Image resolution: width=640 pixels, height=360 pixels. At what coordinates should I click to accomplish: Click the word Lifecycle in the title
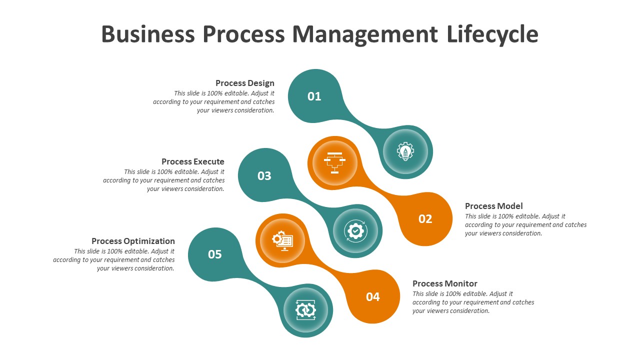[x=492, y=34]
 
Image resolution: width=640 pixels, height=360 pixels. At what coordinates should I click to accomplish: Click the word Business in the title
[x=148, y=34]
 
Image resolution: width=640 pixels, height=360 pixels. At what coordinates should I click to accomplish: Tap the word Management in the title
[x=365, y=35]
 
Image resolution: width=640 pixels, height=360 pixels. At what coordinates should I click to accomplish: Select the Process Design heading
[x=245, y=83]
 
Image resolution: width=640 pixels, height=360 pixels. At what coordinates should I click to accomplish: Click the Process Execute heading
[x=193, y=161]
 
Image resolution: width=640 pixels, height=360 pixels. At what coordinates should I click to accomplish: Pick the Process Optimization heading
[x=133, y=241]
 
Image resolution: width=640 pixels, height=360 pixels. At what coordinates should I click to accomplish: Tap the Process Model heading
[x=493, y=206]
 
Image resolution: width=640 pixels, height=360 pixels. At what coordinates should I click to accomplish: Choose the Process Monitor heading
[x=445, y=283]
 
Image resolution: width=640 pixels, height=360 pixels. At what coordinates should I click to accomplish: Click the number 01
[x=314, y=96]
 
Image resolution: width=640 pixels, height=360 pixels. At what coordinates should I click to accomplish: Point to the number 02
[x=425, y=219]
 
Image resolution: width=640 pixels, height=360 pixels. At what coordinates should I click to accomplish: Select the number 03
[x=264, y=176]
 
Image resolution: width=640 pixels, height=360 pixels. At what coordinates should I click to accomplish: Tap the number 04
[x=373, y=297]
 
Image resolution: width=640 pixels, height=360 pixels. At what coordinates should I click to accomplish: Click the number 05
[x=215, y=254]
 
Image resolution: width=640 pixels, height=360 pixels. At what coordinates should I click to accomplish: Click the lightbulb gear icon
[x=405, y=151]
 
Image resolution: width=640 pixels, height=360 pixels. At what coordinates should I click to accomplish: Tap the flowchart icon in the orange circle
[x=335, y=163]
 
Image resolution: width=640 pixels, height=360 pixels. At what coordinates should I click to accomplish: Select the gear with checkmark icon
[x=355, y=231]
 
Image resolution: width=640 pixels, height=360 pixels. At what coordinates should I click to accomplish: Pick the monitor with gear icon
[x=282, y=241]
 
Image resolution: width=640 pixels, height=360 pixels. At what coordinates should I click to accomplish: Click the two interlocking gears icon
[x=305, y=310]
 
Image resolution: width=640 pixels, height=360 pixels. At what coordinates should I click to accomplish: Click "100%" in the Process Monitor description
[x=453, y=293]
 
